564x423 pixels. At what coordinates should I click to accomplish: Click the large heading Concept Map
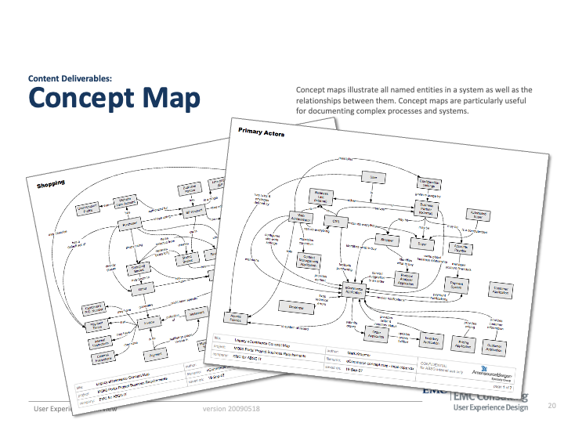point(114,100)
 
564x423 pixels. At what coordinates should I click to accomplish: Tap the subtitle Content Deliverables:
point(70,78)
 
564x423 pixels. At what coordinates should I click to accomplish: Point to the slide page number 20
point(551,406)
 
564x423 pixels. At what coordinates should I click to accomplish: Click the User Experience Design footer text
point(490,409)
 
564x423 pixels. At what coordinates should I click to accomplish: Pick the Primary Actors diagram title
point(262,133)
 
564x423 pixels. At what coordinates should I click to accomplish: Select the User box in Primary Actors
point(374,179)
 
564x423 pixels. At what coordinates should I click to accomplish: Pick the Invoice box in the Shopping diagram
point(147,322)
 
